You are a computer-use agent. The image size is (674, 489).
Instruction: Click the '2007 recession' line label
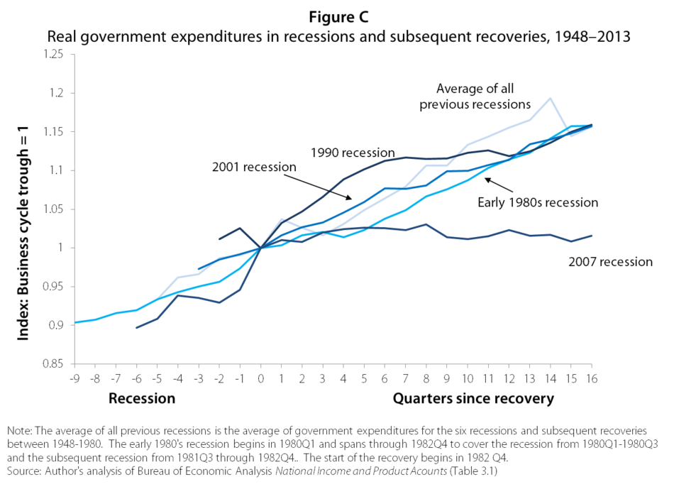point(610,262)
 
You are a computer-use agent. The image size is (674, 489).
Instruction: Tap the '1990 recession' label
point(352,152)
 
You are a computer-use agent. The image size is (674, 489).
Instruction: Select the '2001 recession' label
point(253,167)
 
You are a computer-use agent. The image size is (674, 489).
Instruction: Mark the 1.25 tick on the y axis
point(53,55)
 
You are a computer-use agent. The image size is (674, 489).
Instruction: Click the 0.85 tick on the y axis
point(53,364)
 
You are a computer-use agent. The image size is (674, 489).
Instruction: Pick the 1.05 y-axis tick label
point(53,209)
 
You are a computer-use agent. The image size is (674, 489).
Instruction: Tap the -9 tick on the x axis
point(74,377)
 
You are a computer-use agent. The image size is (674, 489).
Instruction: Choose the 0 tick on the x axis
point(260,377)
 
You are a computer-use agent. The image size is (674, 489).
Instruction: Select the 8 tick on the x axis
point(426,377)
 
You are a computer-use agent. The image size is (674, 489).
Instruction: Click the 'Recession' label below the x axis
point(142,398)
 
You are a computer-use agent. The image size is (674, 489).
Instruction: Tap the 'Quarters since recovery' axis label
point(473,398)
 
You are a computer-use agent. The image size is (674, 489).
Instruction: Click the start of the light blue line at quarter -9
point(74,322)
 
